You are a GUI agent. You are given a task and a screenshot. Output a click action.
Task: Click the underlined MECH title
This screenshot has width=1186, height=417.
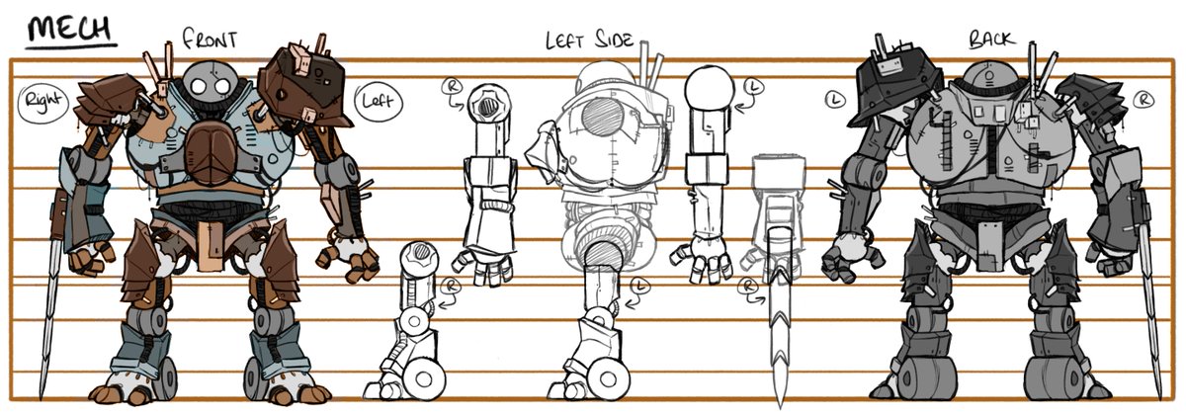pos(71,30)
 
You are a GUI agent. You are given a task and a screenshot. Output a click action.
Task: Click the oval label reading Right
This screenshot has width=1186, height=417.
pos(42,100)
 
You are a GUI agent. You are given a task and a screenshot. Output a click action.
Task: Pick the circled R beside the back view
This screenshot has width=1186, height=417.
pos(1144,99)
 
